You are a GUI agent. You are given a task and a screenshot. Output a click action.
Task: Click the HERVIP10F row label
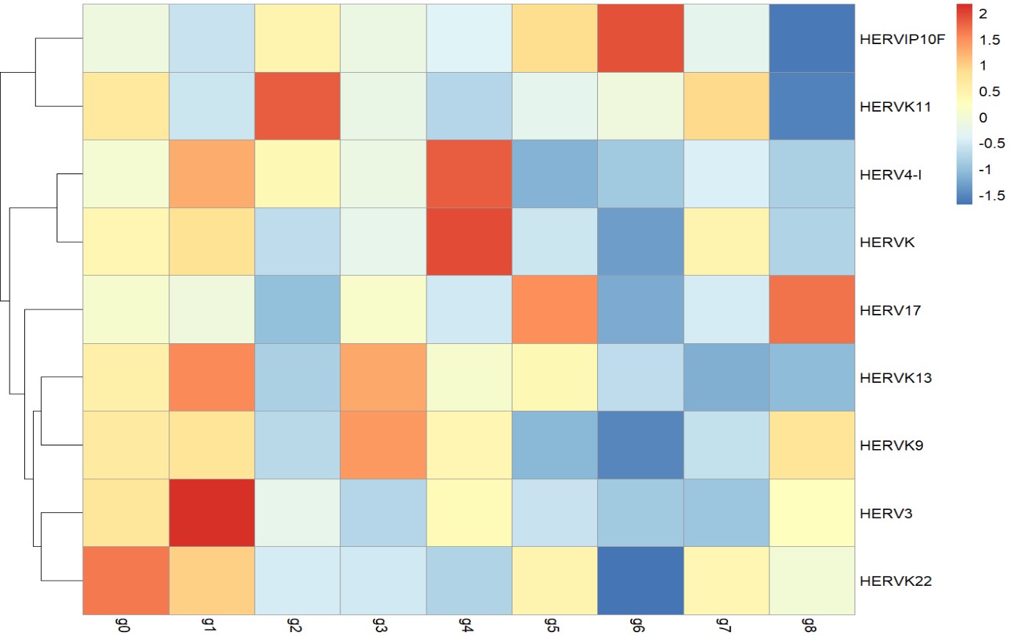coord(894,39)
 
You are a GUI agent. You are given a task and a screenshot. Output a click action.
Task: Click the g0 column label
coord(125,624)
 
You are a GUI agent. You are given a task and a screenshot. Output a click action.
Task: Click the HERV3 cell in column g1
coord(211,513)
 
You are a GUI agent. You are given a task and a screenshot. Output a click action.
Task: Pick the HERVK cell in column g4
coord(469,242)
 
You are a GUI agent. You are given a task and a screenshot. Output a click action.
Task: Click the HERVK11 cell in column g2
coord(297,106)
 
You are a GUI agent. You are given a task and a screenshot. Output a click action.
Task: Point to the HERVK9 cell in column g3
coord(383,445)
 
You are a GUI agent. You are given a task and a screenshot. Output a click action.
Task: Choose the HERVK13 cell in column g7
coord(727,377)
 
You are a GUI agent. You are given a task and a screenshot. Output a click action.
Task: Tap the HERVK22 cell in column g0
coord(125,581)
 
